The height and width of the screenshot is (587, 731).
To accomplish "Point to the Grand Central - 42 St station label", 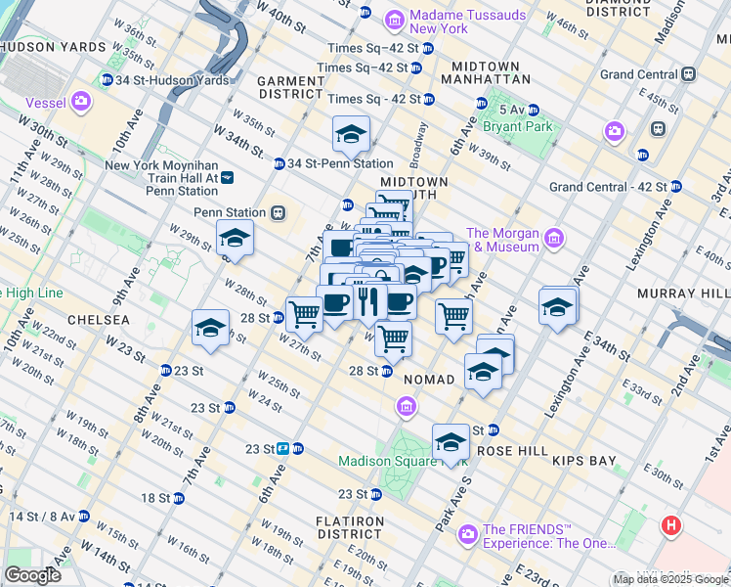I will point(608,186).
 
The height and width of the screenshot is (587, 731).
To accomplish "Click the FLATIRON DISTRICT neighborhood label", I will point(354,528).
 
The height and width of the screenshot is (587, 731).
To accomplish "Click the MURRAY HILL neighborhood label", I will point(682,293).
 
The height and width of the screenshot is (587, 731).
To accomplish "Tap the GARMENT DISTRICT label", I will point(290,87).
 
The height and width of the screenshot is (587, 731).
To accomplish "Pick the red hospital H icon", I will point(670,525).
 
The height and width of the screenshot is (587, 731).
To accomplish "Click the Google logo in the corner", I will point(32,575).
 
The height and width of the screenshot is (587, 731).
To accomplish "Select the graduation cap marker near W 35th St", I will point(350,135).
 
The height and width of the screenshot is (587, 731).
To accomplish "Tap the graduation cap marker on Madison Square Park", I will point(451,441).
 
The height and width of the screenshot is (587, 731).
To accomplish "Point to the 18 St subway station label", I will point(155,497).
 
